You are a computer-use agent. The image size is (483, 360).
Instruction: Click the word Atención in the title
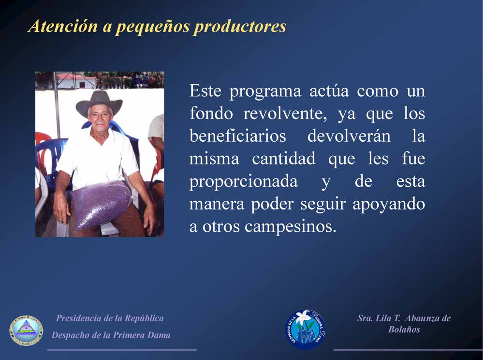[x=63, y=26]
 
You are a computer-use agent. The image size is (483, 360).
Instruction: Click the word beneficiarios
[x=238, y=135]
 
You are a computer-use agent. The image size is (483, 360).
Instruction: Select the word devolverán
[x=349, y=135]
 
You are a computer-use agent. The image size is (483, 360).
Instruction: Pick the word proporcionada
[x=244, y=182]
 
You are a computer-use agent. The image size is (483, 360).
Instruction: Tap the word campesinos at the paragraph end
[x=290, y=227]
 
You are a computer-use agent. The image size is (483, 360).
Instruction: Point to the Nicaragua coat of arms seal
[x=26, y=330]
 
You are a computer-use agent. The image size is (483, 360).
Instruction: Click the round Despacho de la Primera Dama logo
[x=306, y=330]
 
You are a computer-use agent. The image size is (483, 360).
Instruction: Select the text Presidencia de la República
[x=110, y=318]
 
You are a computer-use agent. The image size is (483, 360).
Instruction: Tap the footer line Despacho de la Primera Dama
[x=111, y=335]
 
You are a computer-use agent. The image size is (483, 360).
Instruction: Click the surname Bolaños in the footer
[x=404, y=330]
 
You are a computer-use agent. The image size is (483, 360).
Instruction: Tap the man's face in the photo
[x=99, y=117]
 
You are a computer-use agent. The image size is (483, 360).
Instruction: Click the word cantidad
[x=284, y=158]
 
